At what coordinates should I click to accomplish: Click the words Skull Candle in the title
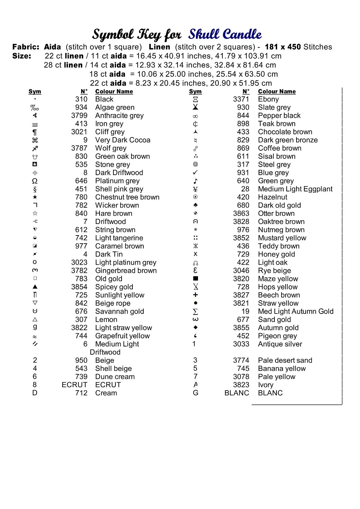click(x=225, y=34)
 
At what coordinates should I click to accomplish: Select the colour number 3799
click(x=79, y=116)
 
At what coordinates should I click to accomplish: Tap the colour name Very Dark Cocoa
click(x=123, y=140)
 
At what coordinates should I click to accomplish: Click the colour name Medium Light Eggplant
click(x=295, y=189)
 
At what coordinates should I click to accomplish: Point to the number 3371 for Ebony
click(x=241, y=99)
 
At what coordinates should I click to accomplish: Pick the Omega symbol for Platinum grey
click(x=35, y=181)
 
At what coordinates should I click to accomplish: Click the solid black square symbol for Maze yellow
click(x=196, y=279)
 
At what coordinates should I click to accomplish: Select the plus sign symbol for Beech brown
click(x=195, y=295)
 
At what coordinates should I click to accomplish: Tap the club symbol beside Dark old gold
click(x=195, y=205)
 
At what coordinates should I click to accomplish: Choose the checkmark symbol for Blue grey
click(x=195, y=173)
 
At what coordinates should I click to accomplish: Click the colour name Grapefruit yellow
click(x=122, y=336)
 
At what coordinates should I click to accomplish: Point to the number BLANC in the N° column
click(x=237, y=393)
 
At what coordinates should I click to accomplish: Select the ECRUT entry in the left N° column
click(x=74, y=385)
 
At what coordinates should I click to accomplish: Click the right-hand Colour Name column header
click(x=277, y=92)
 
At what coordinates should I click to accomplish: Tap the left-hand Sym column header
click(x=35, y=92)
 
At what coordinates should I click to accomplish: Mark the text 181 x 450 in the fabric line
click(x=283, y=47)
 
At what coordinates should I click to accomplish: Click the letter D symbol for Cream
click(x=35, y=393)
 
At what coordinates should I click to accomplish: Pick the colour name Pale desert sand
click(x=285, y=360)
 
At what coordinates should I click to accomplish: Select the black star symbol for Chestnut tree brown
click(x=35, y=197)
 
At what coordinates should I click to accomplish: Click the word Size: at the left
click(x=22, y=56)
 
